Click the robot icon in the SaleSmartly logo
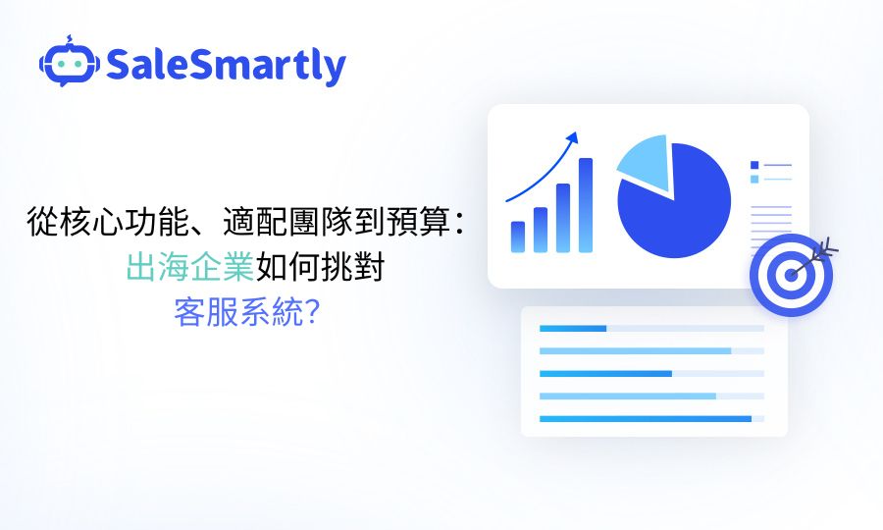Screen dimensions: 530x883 69,64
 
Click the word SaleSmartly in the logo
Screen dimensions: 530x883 226,66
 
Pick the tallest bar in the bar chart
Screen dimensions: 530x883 586,205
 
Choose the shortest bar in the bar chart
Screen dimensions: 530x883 518,237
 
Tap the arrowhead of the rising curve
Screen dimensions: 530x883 573,135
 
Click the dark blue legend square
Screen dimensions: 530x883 754,165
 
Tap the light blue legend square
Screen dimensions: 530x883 754,179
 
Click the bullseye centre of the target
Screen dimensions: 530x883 790,275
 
